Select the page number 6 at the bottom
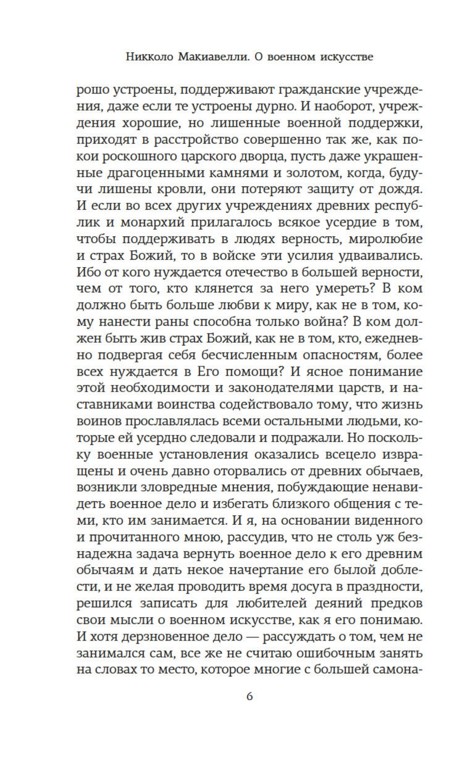tap(250, 696)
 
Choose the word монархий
tap(155, 223)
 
